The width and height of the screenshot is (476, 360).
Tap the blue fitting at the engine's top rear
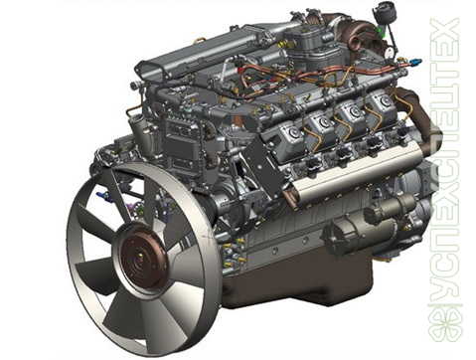pyautogui.click(x=415, y=62)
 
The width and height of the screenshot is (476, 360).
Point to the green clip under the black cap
pyautogui.click(x=382, y=31)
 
